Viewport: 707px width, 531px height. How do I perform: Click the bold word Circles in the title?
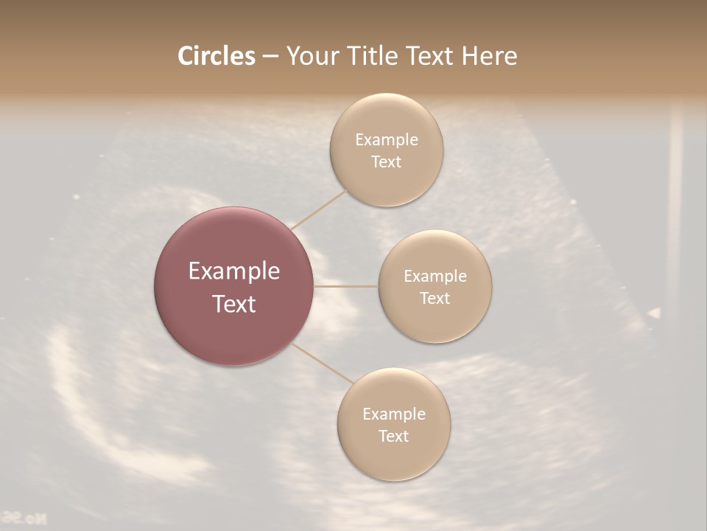click(216, 56)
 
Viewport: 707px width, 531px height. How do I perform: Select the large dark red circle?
click(234, 286)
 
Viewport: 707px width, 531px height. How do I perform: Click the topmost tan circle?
click(386, 150)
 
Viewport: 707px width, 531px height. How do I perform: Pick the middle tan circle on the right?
click(435, 286)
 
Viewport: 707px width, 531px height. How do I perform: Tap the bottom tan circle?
click(393, 424)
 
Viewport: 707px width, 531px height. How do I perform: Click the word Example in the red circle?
click(234, 271)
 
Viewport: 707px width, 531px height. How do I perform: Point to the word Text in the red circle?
click(234, 304)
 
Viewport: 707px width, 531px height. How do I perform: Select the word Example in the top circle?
click(386, 140)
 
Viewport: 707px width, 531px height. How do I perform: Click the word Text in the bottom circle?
click(393, 436)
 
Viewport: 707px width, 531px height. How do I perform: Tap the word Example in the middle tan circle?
click(435, 277)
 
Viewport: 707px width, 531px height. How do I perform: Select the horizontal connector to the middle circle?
click(346, 286)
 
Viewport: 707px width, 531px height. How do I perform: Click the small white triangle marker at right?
click(653, 313)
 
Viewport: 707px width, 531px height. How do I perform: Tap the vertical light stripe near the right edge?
click(675, 206)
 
